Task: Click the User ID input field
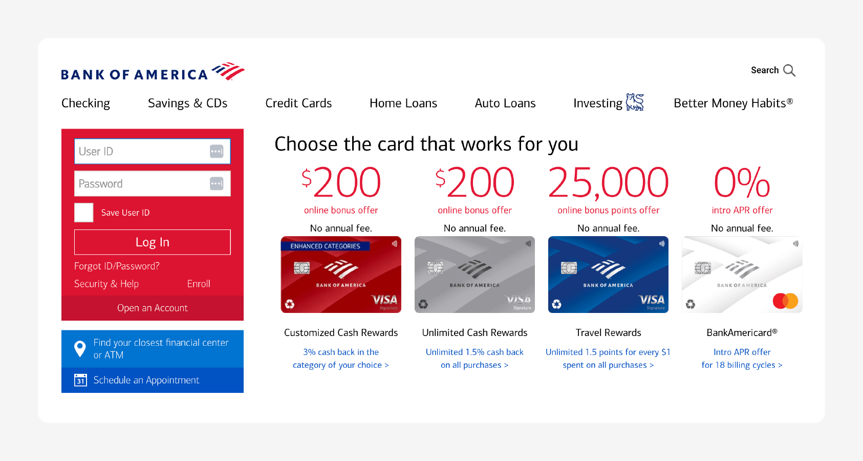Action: tap(141, 152)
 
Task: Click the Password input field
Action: tap(141, 184)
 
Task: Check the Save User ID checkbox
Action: tap(84, 213)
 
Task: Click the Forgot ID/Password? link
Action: tap(117, 266)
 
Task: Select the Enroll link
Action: tap(199, 284)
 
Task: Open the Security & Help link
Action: tap(106, 284)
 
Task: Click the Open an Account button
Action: tap(153, 308)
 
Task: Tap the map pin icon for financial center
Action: tap(80, 349)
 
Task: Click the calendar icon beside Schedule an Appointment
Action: tap(80, 380)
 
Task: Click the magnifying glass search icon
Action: tap(789, 71)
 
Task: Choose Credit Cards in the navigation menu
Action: tap(298, 103)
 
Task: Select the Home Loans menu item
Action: tap(403, 103)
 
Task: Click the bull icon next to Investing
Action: tap(635, 102)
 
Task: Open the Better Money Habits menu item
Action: tap(733, 103)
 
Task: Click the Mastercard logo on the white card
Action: tap(785, 301)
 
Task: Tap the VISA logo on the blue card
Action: tap(651, 300)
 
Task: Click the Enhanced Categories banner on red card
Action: tap(325, 246)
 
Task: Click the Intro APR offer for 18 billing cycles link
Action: tap(742, 359)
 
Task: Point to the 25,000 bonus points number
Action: tap(608, 183)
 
